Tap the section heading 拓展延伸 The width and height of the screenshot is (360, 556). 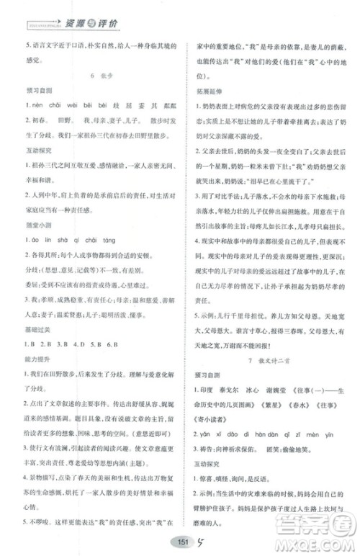coord(209,90)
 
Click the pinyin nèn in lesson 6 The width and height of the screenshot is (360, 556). coord(31,104)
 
